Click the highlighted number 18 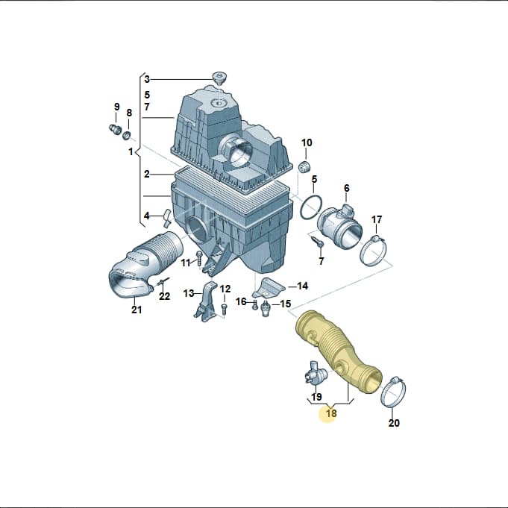pos(331,413)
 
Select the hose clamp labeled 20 pos(393,392)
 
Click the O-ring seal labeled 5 pos(311,207)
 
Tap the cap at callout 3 pos(219,78)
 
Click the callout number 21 pos(137,310)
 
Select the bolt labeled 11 pos(199,257)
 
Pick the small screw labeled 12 pos(224,309)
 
